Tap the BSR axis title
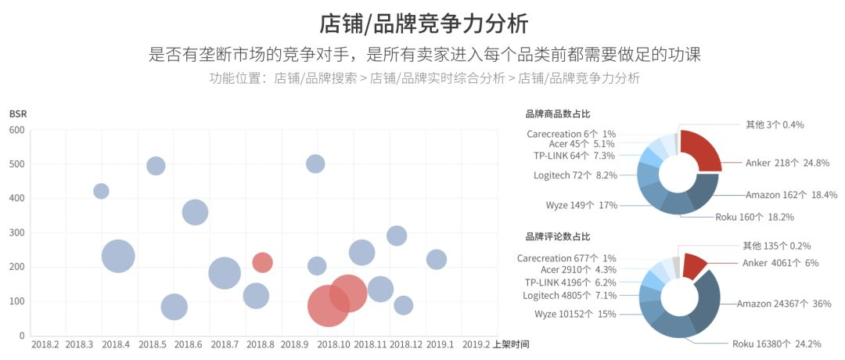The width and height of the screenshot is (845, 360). coord(17,114)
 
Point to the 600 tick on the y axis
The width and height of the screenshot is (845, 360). coord(17,130)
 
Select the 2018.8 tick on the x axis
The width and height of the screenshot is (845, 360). coord(260,344)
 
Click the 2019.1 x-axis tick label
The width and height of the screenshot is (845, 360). coord(440,344)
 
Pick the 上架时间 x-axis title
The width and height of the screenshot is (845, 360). coord(511,344)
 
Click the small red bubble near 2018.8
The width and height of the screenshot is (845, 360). coord(262,262)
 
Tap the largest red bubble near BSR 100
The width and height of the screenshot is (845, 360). coord(329,305)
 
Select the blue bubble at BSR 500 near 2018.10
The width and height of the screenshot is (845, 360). coord(315,164)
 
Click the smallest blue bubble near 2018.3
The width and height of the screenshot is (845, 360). coord(101,191)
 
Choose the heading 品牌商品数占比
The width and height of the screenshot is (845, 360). coord(558,114)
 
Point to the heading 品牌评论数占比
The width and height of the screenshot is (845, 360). coord(558,236)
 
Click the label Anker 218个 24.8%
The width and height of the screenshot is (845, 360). coord(783,164)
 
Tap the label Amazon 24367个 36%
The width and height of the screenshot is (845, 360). coord(783,304)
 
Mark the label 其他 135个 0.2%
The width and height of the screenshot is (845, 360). coord(776,246)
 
